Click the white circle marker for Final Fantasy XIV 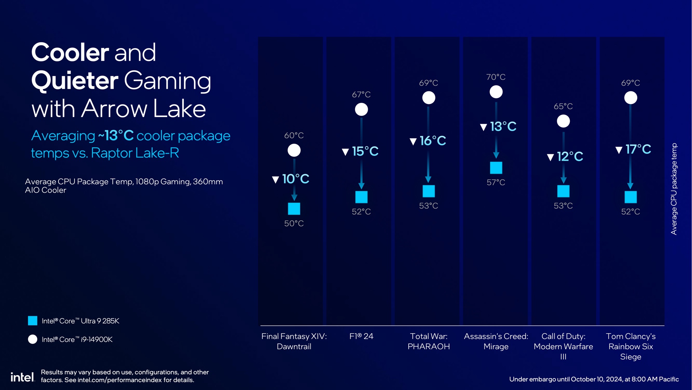coord(294,150)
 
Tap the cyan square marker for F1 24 coord(361,197)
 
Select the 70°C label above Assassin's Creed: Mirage coord(496,77)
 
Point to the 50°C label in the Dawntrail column coord(294,224)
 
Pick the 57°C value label coord(496,182)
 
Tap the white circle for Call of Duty coord(563,121)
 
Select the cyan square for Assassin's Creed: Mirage coord(496,168)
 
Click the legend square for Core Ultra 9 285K coord(32,321)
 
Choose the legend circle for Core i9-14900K coord(32,339)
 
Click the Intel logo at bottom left coord(22,377)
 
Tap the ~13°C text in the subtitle coord(116,136)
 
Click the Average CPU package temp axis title coord(674,189)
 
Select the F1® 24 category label coord(361,336)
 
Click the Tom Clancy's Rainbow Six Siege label coord(630,346)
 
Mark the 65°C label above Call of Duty coord(563,106)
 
